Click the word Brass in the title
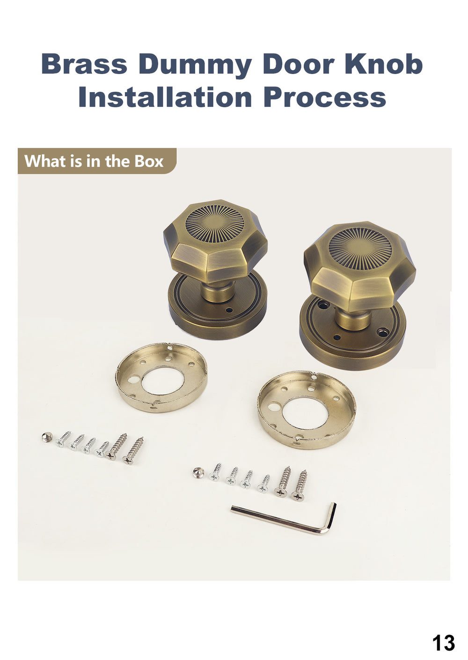84,64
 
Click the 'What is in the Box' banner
97,161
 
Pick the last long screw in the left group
133,450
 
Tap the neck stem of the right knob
353,318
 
